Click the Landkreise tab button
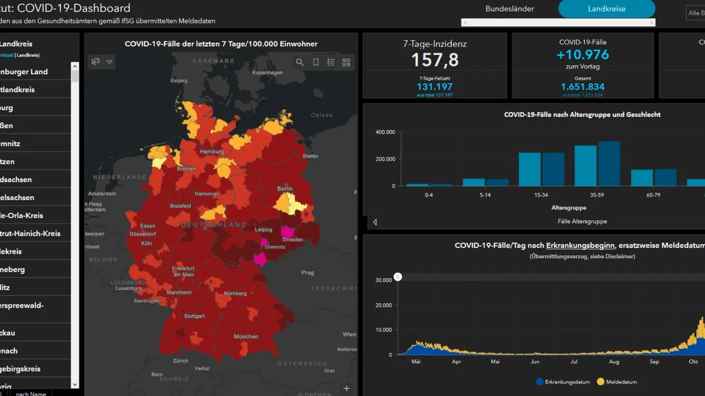click(607, 9)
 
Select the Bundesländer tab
click(509, 9)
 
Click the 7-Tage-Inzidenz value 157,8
click(435, 60)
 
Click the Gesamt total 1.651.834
click(583, 87)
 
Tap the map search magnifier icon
click(300, 62)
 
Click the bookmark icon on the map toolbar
click(316, 62)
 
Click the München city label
click(246, 337)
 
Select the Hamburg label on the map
click(212, 152)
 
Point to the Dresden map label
click(293, 240)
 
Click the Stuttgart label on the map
click(194, 316)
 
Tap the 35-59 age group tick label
click(597, 195)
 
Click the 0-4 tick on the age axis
click(429, 195)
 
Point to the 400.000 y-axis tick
click(385, 132)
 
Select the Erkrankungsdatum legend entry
click(563, 382)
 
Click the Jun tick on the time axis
click(535, 362)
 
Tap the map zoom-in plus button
click(347, 388)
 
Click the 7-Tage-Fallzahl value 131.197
click(435, 87)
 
